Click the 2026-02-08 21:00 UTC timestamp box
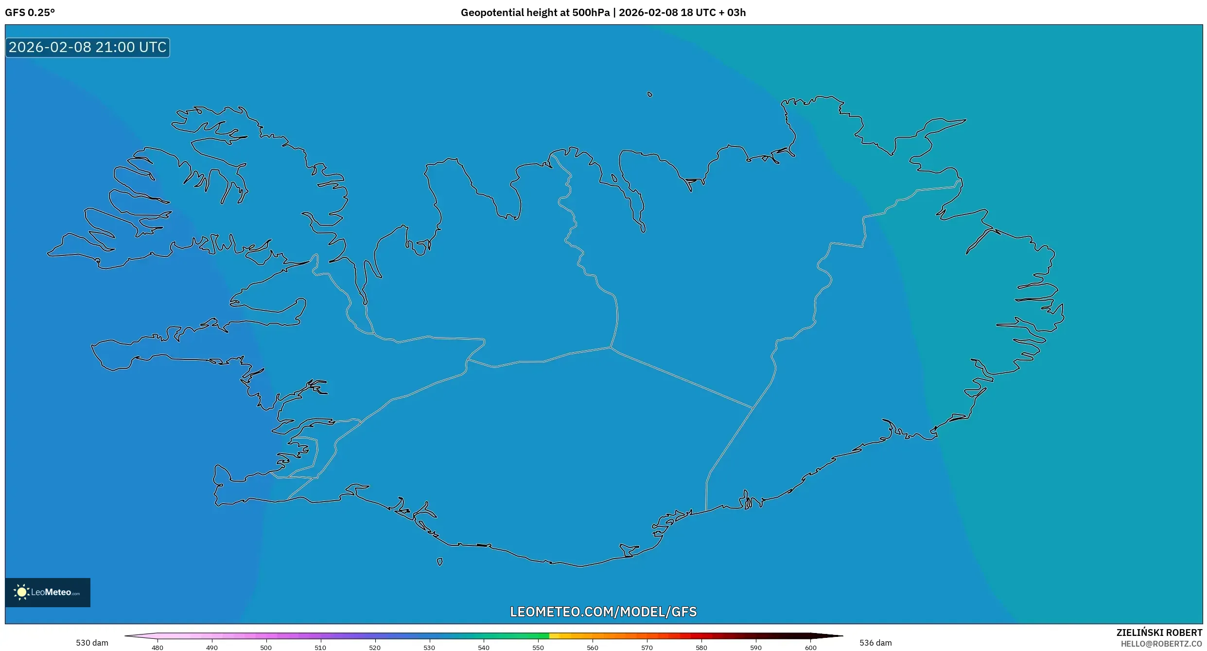[x=87, y=47]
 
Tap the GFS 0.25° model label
[x=30, y=13]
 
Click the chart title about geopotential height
[x=603, y=13]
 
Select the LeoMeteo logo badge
[x=48, y=592]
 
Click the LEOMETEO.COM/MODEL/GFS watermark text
[x=603, y=612]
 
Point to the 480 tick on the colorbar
[x=157, y=648]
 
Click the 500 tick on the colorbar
[x=266, y=648]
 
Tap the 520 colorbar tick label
[x=375, y=648]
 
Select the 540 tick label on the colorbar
[x=484, y=648]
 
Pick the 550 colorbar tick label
[x=538, y=648]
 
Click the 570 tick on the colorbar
[x=647, y=648]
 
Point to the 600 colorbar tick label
[x=810, y=648]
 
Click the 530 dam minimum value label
[x=92, y=643]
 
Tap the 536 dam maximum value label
[x=875, y=643]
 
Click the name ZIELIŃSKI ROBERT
[x=1159, y=633]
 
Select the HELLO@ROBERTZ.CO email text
[x=1161, y=644]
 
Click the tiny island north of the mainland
[x=650, y=94]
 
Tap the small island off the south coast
[x=439, y=562]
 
